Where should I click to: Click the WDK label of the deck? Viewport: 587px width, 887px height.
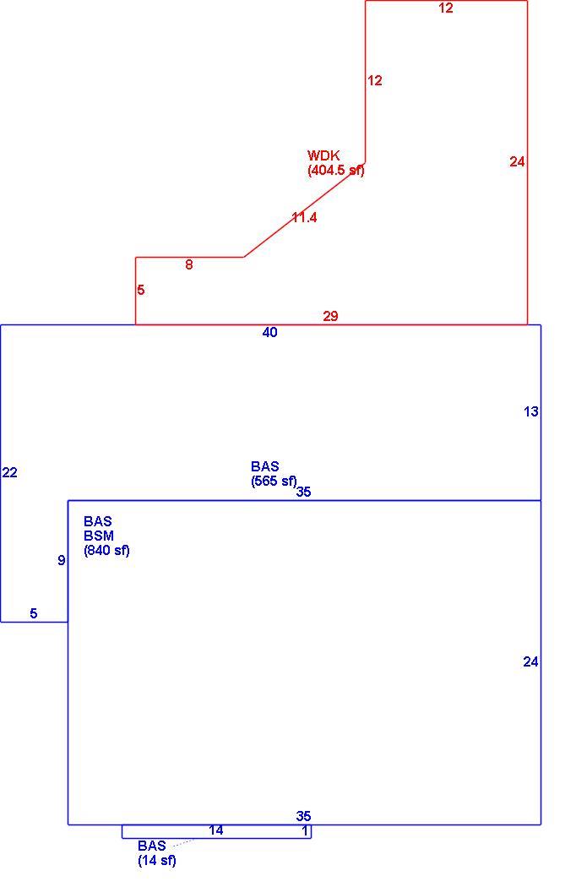323,155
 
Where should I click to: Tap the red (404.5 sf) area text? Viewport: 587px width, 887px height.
336,170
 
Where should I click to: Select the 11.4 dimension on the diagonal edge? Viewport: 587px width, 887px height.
304,217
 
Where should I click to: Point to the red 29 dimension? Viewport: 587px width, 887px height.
331,316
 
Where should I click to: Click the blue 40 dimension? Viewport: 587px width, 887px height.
269,333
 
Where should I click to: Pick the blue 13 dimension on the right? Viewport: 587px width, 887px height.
531,412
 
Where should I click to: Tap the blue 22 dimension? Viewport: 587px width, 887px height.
9,472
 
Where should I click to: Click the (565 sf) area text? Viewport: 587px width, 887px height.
274,481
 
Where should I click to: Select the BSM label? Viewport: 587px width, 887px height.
99,536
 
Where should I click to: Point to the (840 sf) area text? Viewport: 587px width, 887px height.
107,551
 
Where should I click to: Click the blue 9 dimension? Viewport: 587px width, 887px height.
62,561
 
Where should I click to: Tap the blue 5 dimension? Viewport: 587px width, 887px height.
34,613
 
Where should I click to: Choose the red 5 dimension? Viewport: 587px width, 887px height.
141,290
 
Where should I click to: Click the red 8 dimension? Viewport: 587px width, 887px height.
189,264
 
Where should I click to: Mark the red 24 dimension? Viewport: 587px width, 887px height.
517,162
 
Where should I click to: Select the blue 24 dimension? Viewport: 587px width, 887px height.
530,661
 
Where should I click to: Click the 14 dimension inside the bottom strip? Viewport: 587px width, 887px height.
216,830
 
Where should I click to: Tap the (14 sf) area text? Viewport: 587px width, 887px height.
157,861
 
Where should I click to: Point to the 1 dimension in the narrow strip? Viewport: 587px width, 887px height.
306,831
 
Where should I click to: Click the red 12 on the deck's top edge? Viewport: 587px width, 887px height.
446,8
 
